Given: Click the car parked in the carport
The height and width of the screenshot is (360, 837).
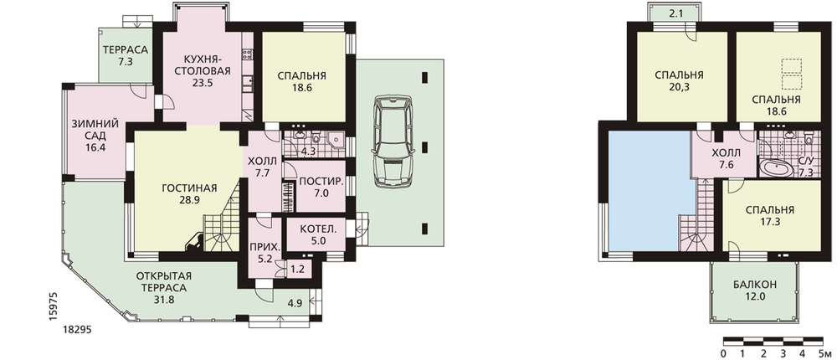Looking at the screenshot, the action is click(x=395, y=141).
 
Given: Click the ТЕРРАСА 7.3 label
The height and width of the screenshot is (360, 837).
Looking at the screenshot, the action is click(x=125, y=55).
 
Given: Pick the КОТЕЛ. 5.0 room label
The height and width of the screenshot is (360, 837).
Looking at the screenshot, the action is click(x=317, y=234).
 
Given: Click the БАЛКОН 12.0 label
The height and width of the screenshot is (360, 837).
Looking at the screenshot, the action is click(x=755, y=290).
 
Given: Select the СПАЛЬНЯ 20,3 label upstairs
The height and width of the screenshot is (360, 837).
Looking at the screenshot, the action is click(x=679, y=80).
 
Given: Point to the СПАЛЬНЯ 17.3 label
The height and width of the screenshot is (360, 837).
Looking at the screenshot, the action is click(x=770, y=215).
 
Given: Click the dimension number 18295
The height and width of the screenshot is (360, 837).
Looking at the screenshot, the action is click(x=78, y=330).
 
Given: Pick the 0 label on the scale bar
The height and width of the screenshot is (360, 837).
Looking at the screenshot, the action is click(x=723, y=354).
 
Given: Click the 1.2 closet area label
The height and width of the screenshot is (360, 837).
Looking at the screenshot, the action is click(x=297, y=270).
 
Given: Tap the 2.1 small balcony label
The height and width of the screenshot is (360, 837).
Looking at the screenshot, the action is click(x=675, y=14).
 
